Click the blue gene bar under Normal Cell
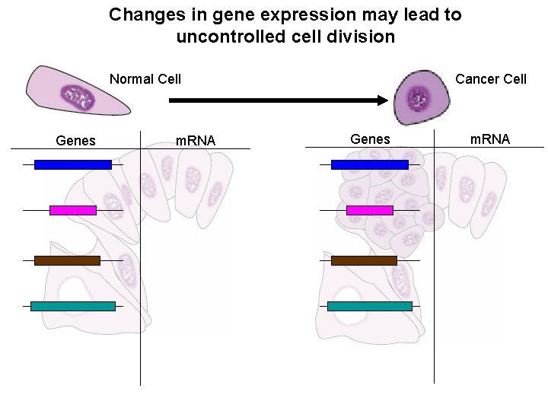click(x=72, y=164)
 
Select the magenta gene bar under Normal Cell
click(x=72, y=210)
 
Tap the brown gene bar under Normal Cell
click(x=67, y=260)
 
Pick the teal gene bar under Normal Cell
click(x=72, y=306)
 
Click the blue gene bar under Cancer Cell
click(x=369, y=164)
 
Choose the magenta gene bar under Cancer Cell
click(x=369, y=210)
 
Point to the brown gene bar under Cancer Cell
click(x=364, y=260)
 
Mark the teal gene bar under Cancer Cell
click(x=369, y=306)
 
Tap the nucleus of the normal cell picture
click(x=78, y=98)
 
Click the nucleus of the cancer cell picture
click(x=418, y=97)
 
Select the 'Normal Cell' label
click(x=145, y=79)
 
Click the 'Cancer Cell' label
click(x=491, y=79)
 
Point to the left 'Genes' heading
click(x=76, y=140)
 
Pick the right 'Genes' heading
click(x=370, y=139)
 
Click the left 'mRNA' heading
click(x=196, y=140)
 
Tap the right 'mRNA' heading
click(x=490, y=139)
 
